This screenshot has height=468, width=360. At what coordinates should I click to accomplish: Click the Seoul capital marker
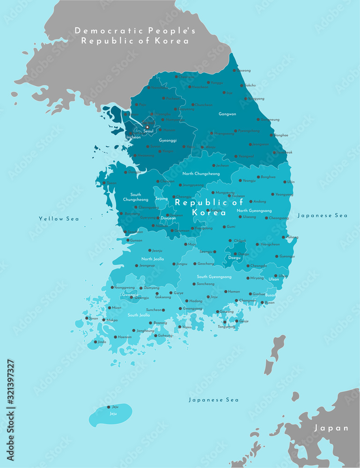pos(147,127)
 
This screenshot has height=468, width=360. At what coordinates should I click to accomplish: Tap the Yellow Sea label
pos(59,219)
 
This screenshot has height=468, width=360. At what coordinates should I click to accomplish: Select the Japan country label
pos(331,428)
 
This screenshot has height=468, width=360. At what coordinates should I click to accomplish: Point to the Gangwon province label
pos(228,114)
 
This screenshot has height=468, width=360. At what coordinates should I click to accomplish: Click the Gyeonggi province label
pos(168,140)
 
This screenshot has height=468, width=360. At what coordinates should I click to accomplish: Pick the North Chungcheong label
pos(201,174)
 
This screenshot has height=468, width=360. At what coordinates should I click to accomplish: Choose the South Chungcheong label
pos(135,197)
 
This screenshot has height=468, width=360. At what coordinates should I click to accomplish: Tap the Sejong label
pos(162,198)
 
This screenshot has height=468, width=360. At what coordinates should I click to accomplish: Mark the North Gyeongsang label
pos(254,210)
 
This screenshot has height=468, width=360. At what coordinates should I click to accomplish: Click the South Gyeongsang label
pos(214,277)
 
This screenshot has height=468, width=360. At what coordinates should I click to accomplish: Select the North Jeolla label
pos(153,259)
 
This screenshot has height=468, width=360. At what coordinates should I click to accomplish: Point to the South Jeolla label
pos(139,315)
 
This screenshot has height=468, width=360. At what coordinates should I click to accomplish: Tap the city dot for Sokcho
pos(242,86)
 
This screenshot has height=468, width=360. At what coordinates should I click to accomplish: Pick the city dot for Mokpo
pos(104,320)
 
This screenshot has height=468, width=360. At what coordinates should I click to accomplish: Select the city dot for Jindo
pos(96,342)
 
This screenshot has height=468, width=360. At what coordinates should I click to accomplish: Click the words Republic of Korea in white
pos(209,207)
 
